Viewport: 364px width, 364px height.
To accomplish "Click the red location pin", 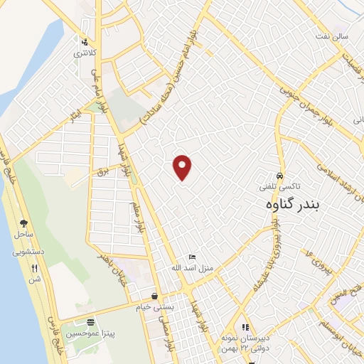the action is [x=183, y=167].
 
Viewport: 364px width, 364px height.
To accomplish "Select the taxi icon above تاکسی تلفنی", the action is [x=280, y=173].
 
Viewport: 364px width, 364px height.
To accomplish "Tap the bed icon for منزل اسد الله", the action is [x=191, y=257].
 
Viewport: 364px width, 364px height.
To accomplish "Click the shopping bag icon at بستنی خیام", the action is [x=155, y=295].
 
